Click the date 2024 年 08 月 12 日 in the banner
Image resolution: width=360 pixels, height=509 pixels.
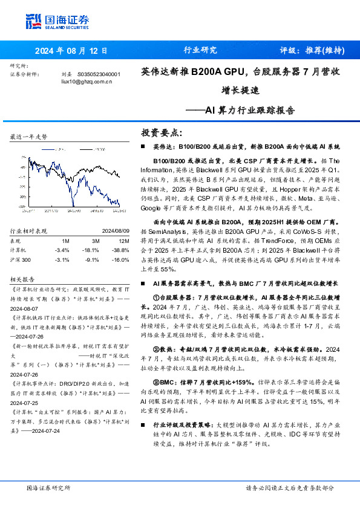(71, 51)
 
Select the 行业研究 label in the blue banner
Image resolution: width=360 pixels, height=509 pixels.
(200, 51)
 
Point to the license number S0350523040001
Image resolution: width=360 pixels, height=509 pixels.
(99, 74)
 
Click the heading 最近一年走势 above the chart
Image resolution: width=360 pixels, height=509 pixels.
(28, 137)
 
